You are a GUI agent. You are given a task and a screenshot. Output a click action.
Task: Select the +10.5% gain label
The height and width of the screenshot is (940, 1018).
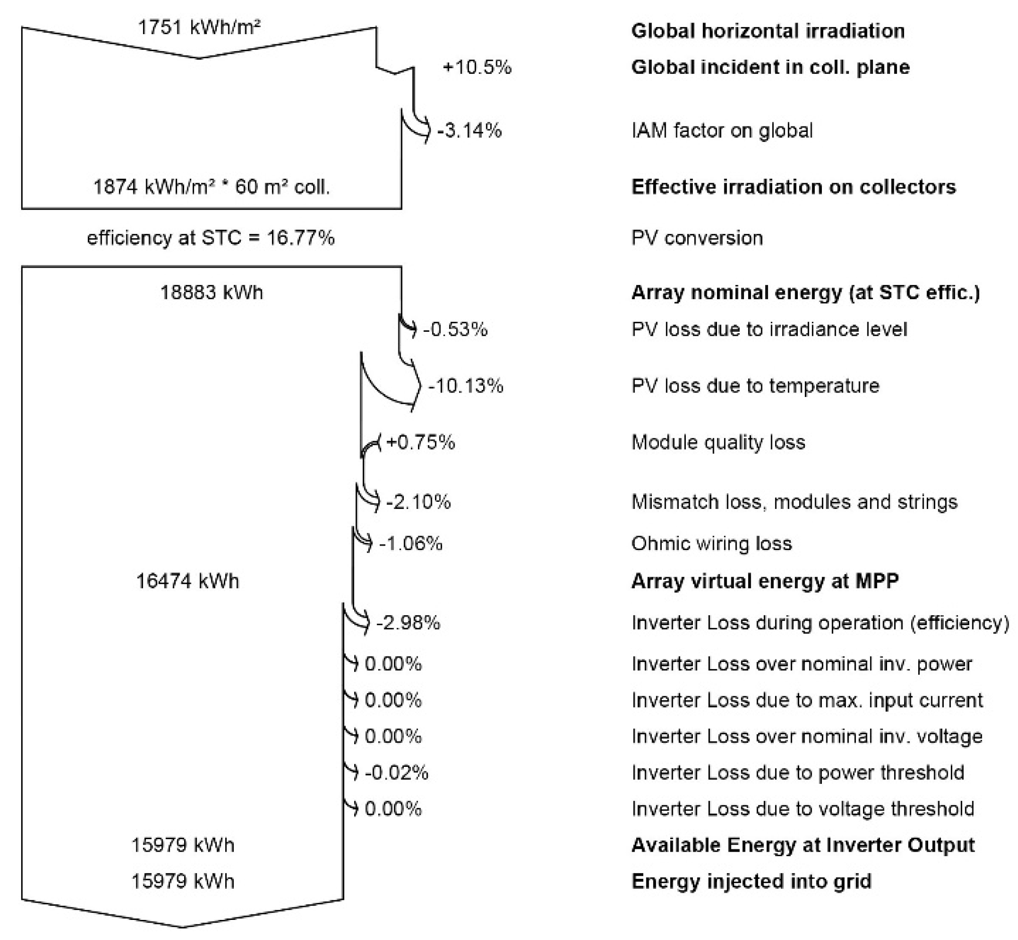(477, 67)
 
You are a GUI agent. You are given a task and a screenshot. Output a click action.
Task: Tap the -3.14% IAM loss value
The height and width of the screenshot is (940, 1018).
(469, 130)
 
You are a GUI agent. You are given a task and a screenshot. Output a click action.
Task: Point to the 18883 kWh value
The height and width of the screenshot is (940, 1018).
(212, 293)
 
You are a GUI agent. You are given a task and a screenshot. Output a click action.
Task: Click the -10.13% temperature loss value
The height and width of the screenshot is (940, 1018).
(466, 385)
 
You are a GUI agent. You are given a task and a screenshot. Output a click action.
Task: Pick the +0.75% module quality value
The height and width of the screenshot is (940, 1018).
(420, 442)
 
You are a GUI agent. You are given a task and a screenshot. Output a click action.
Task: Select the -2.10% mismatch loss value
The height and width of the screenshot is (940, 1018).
(418, 502)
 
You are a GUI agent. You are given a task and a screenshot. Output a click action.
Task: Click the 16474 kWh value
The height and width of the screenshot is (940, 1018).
(188, 581)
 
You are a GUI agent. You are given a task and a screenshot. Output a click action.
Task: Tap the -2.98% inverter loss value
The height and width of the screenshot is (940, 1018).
(408, 623)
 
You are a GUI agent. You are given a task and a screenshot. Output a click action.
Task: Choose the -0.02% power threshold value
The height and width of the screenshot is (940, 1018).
(397, 773)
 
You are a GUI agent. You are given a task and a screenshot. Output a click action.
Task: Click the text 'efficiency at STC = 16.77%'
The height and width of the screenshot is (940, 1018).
(211, 238)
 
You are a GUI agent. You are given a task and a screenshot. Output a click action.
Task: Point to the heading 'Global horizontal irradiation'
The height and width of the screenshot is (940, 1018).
(768, 31)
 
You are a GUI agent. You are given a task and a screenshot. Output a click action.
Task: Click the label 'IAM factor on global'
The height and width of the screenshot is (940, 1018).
(722, 130)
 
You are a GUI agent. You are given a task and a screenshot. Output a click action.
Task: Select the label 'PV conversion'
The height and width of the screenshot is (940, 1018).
(697, 238)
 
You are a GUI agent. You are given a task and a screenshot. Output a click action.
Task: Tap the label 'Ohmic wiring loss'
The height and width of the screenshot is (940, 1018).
(711, 544)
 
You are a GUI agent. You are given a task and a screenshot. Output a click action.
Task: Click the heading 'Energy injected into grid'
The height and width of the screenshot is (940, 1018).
(751, 881)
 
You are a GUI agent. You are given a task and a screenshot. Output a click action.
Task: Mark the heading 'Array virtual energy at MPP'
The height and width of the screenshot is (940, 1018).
(765, 581)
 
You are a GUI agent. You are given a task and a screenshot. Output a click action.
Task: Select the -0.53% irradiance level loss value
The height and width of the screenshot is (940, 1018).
(455, 330)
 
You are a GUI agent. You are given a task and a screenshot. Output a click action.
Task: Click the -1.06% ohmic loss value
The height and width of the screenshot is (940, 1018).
(411, 544)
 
